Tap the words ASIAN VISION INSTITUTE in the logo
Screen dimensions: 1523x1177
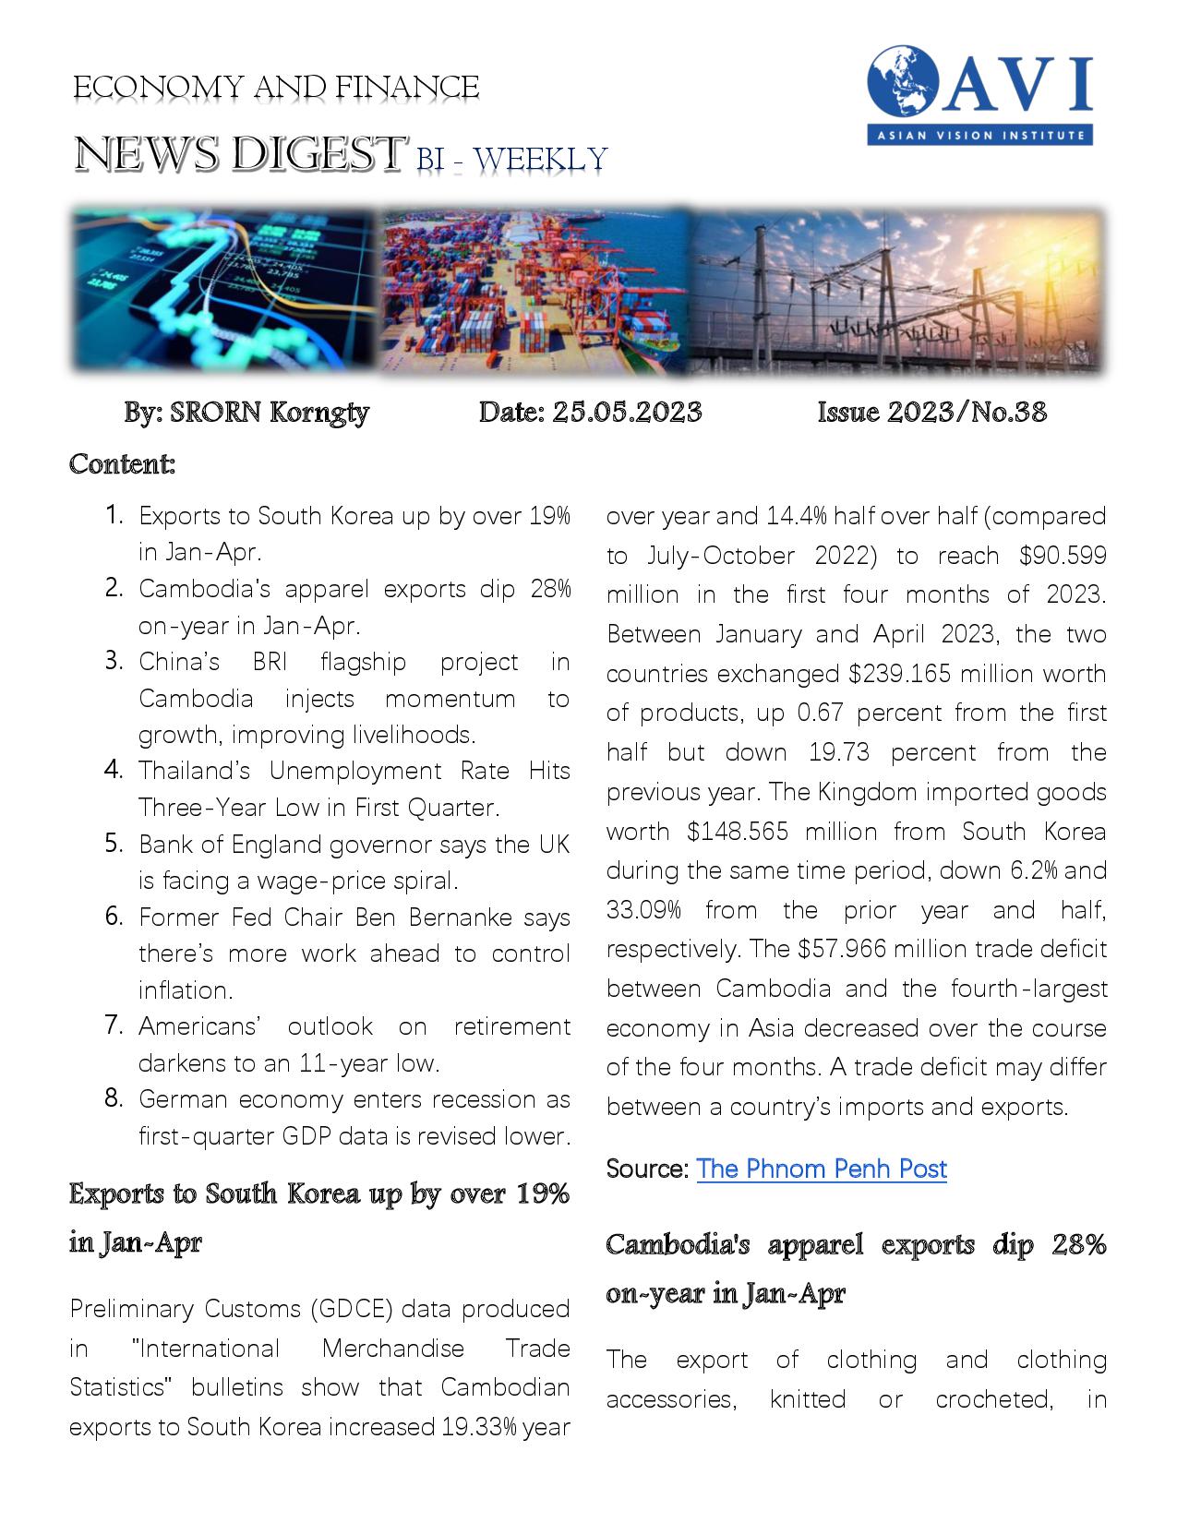click(980, 136)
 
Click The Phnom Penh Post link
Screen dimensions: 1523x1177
click(821, 1169)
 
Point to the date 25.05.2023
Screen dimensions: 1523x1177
click(627, 412)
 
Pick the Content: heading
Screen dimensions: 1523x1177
click(122, 463)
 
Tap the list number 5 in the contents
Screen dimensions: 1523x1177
click(114, 843)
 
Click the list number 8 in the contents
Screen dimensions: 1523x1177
click(114, 1098)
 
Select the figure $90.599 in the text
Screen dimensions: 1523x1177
click(1063, 556)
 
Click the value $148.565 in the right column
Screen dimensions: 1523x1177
click(738, 832)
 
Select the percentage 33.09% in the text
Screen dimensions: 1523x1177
click(643, 910)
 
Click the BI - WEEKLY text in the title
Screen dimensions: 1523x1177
click(511, 160)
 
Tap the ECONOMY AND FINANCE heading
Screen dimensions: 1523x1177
click(276, 88)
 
